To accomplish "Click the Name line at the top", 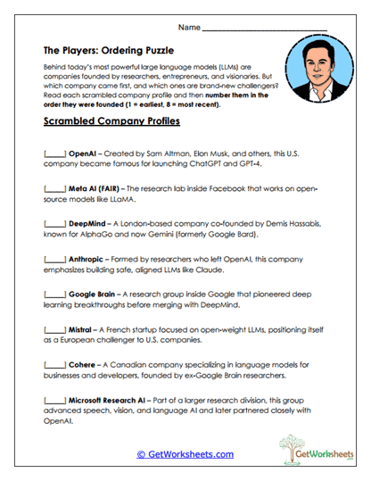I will [x=265, y=29].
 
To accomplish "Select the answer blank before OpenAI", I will [x=54, y=153].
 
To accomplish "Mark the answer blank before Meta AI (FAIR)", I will [x=54, y=189].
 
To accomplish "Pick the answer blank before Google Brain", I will [x=54, y=294].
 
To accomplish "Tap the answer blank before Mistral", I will [x=54, y=329].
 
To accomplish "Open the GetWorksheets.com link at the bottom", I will [x=185, y=454].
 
